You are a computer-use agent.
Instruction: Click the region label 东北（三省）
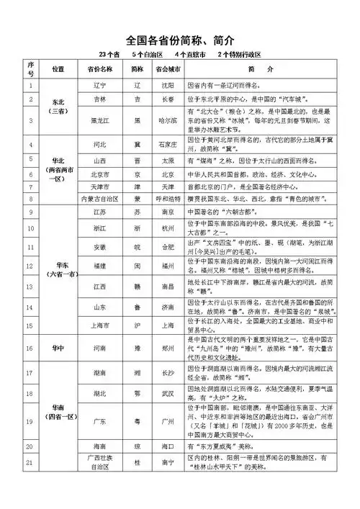[58, 107]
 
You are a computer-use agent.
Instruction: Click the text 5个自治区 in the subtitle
[147, 55]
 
